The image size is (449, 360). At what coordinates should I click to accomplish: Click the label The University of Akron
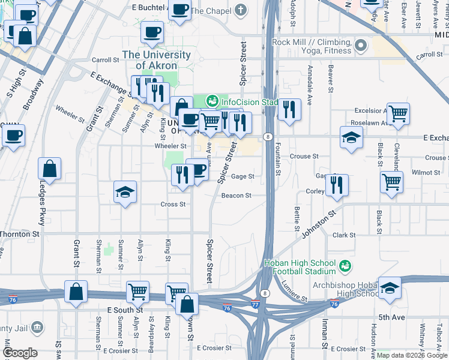[x=156, y=60]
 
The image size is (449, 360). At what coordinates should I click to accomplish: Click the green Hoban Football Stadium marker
[x=345, y=265]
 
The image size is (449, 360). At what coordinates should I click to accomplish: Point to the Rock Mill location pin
[x=361, y=46]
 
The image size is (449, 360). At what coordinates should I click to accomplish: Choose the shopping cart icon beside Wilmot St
[x=391, y=181]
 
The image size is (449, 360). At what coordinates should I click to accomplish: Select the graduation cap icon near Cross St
[x=125, y=192]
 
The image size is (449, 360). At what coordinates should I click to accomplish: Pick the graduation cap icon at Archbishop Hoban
[x=390, y=288]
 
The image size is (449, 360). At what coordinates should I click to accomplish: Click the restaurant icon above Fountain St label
[x=289, y=109]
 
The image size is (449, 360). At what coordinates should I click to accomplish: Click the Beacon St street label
[x=236, y=196]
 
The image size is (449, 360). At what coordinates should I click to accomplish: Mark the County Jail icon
[x=37, y=328]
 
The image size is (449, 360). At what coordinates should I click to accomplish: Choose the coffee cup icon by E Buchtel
[x=179, y=9]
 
